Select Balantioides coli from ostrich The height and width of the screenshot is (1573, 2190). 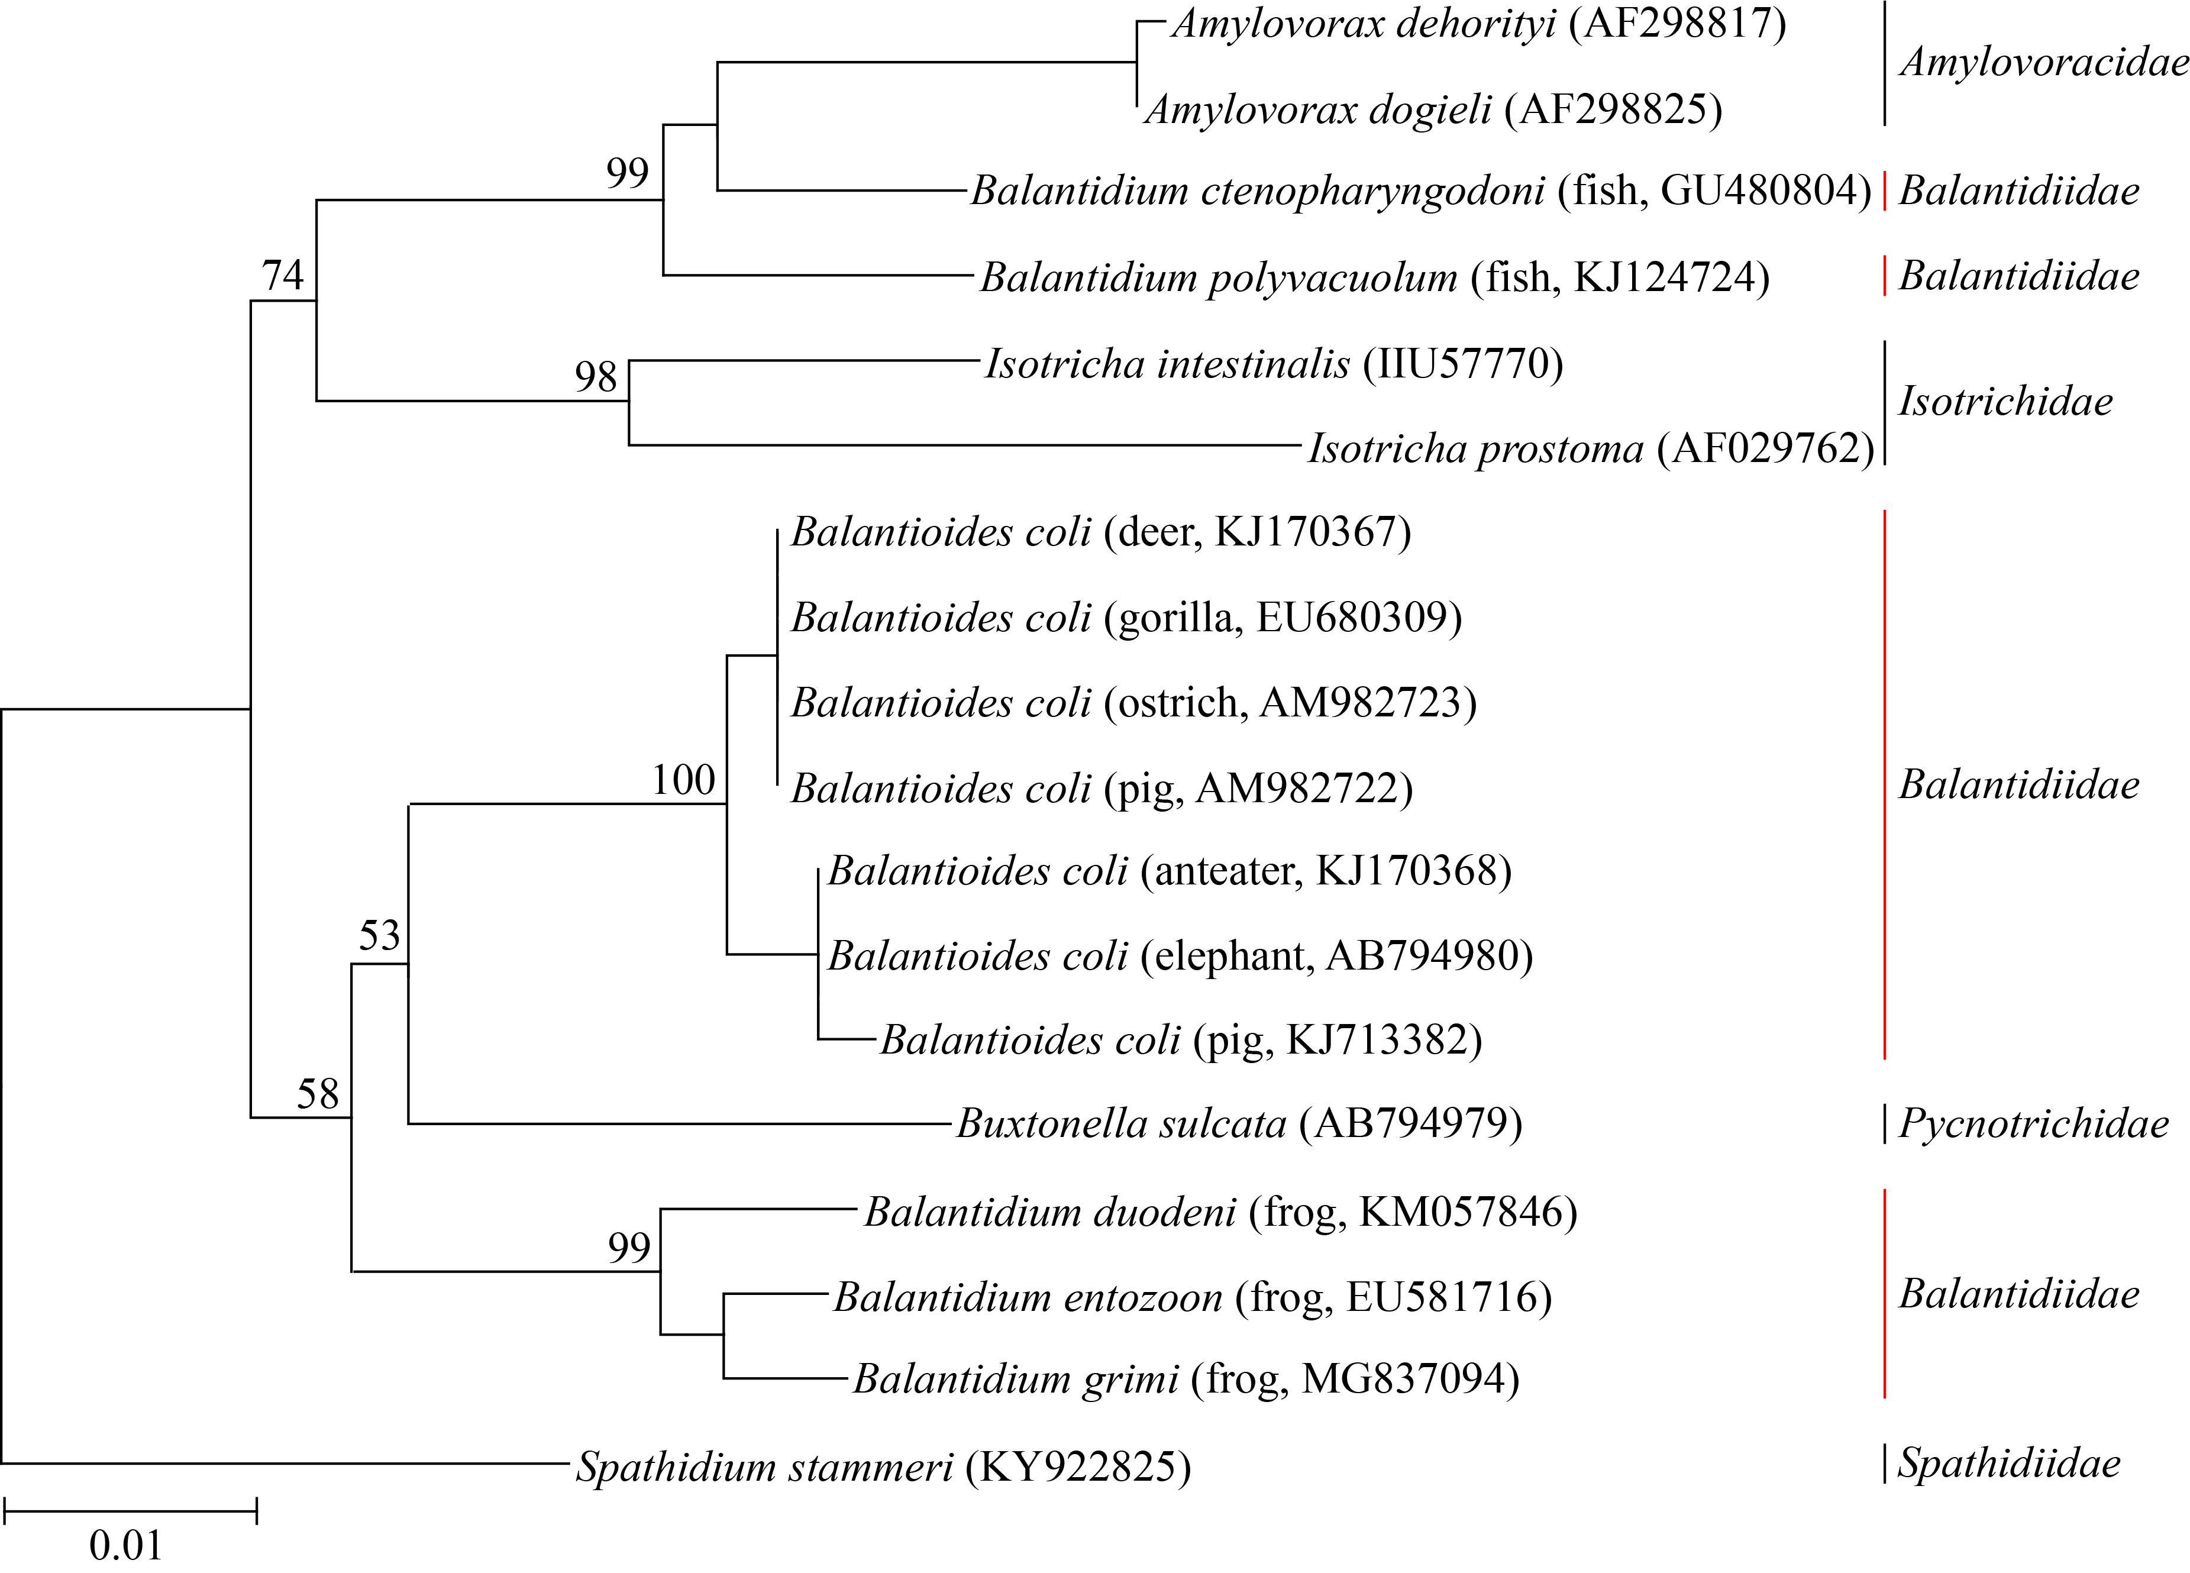pyautogui.click(x=1133, y=703)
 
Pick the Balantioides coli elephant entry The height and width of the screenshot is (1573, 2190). pyautogui.click(x=1180, y=956)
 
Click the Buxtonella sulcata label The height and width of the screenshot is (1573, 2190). pyautogui.click(x=1239, y=1124)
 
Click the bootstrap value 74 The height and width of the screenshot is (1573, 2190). pyautogui.click(x=283, y=276)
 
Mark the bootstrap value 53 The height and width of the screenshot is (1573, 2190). pyautogui.click(x=379, y=936)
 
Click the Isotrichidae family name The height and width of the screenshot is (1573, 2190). pyautogui.click(x=2005, y=402)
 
